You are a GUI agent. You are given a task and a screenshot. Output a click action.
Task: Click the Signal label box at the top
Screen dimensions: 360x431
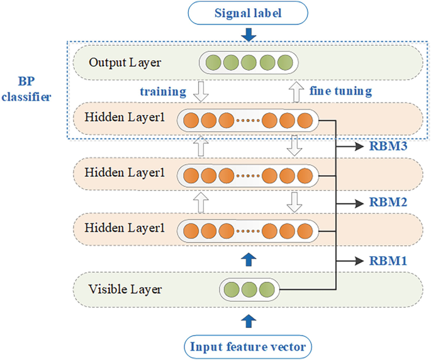coord(250,13)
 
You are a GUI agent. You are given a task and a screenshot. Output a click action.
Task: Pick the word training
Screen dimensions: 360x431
coord(163,91)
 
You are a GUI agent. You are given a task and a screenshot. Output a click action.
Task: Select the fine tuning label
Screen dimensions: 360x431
coord(340,91)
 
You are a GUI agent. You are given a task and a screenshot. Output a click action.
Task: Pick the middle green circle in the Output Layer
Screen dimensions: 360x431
coord(248,63)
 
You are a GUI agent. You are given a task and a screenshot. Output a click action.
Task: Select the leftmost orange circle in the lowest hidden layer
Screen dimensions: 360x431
coord(191,229)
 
